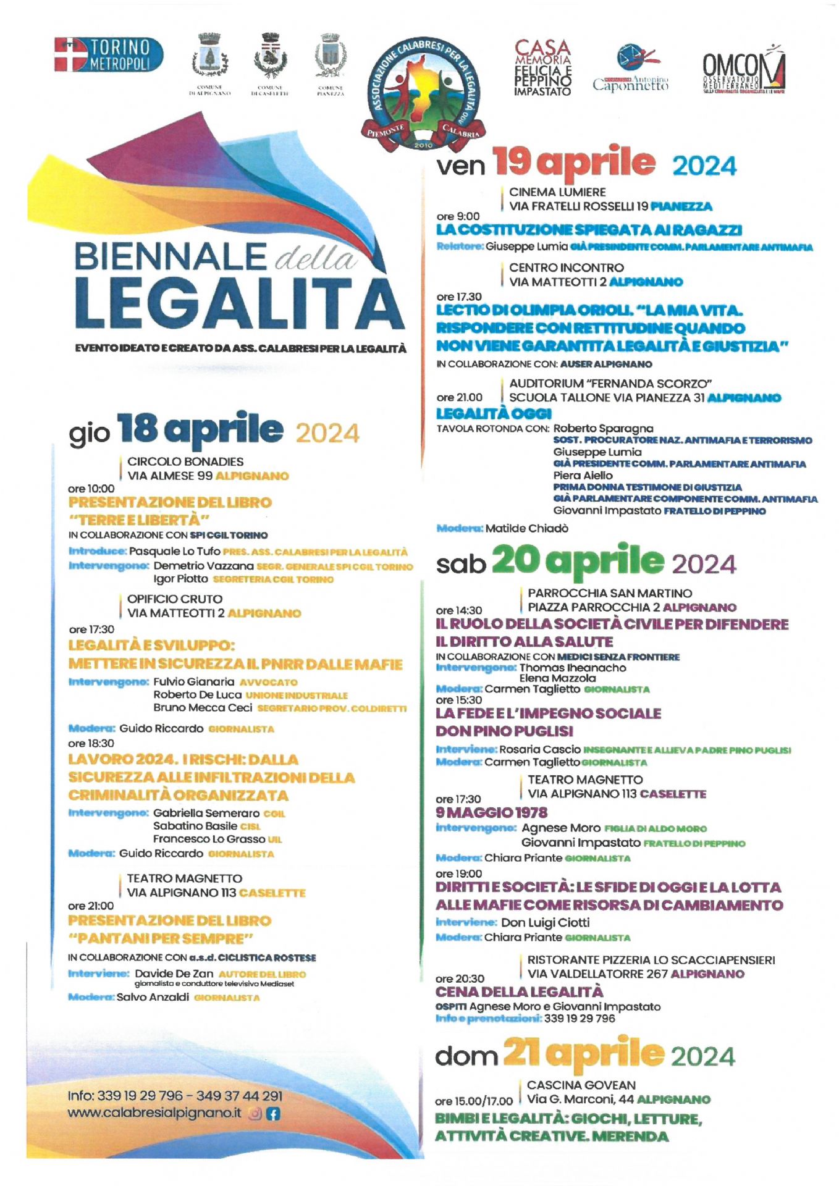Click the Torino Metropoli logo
coord(109,54)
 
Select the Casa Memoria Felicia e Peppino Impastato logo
coord(542,68)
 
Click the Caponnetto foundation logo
coord(630,68)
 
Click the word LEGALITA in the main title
coord(240,304)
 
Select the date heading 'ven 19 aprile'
coord(586,164)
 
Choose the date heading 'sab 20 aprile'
coord(586,561)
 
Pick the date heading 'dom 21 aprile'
coord(584,1054)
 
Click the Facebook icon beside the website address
coord(273,1114)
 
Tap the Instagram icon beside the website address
coord(255,1114)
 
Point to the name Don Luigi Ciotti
coord(545,922)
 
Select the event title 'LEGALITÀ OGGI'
coord(494,413)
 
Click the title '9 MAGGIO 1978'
coord(491,812)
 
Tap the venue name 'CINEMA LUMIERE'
coord(557,192)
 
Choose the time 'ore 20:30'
coord(460,978)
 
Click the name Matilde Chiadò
coord(526,528)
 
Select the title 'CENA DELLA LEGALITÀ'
coord(519,992)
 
